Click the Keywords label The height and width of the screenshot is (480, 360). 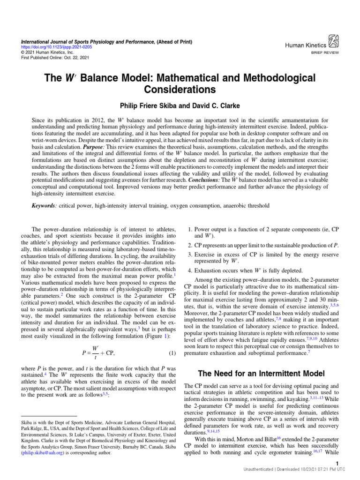click(x=44, y=205)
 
